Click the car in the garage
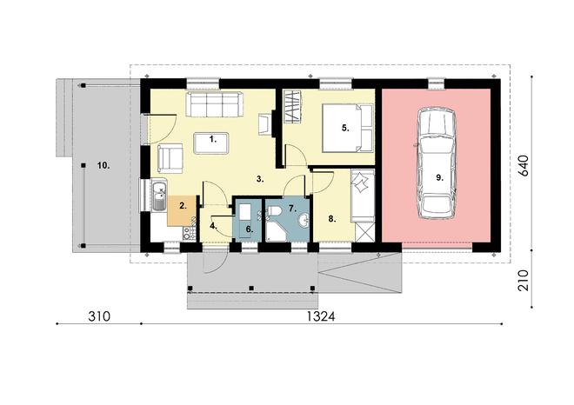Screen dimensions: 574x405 pos(437,163)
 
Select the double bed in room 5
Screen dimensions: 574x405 pos(347,128)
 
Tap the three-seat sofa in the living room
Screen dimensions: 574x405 pos(215,104)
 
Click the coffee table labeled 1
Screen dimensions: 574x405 pos(211,143)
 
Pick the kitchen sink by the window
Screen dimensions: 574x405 pos(159,196)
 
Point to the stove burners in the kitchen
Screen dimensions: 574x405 pos(190,233)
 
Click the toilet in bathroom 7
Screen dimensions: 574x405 pos(274,211)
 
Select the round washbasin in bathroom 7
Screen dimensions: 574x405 pos(304,221)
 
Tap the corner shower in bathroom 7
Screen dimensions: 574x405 pos(276,230)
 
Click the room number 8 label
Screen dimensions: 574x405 pos(331,219)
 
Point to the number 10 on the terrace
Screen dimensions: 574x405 pos(103,165)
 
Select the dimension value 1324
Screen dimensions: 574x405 pos(321,316)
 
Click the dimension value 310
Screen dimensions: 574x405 pos(99,316)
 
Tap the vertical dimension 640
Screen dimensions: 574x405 pos(524,166)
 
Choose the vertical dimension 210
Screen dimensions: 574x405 pos(524,280)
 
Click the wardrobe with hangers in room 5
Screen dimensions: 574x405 pos(292,106)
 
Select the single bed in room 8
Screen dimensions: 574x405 pos(363,196)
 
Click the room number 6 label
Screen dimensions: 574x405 pos(250,229)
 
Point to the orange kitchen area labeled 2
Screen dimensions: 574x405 pos(182,210)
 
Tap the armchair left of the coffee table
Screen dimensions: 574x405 pos(170,158)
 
